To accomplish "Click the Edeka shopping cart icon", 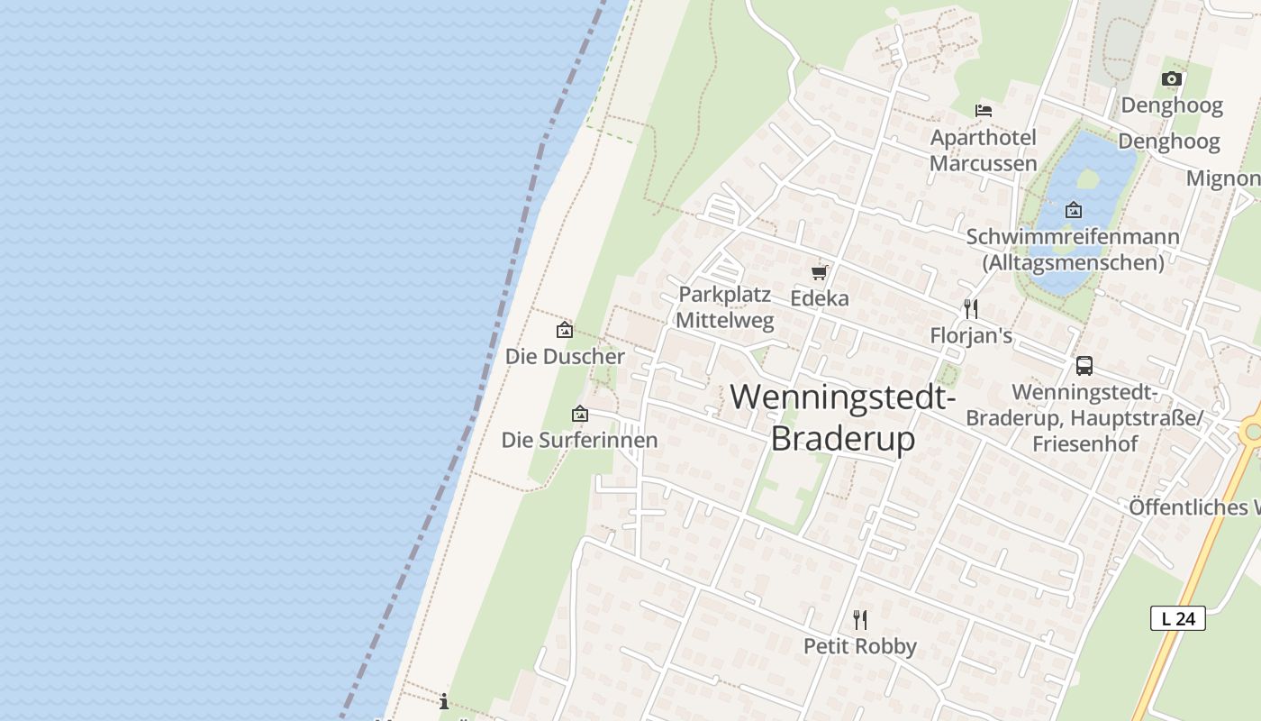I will pyautogui.click(x=819, y=272).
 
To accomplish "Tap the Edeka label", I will pyautogui.click(x=820, y=297).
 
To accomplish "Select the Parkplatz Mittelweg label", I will pyautogui.click(x=724, y=307).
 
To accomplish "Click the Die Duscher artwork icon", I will pyautogui.click(x=565, y=330).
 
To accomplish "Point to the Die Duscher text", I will pyautogui.click(x=565, y=356).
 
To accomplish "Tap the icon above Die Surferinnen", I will pyautogui.click(x=580, y=415).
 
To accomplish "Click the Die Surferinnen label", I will pyautogui.click(x=579, y=440).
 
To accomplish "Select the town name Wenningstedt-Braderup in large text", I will pyautogui.click(x=842, y=417).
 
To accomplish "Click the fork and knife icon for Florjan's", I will pyautogui.click(x=971, y=309).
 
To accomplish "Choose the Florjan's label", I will pyautogui.click(x=971, y=336).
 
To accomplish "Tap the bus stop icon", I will pyautogui.click(x=1084, y=366).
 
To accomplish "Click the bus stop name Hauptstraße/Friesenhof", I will pyautogui.click(x=1084, y=418).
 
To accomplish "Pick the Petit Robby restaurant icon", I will pyautogui.click(x=860, y=620).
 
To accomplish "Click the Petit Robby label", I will pyautogui.click(x=860, y=646).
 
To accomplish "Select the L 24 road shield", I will pyautogui.click(x=1177, y=618).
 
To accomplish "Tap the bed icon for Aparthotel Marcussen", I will pyautogui.click(x=984, y=110).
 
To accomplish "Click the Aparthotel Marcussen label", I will pyautogui.click(x=984, y=151).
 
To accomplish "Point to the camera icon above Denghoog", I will pyautogui.click(x=1171, y=79).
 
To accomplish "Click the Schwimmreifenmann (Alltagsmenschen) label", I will pyautogui.click(x=1073, y=250).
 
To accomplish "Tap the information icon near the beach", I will pyautogui.click(x=443, y=701).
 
